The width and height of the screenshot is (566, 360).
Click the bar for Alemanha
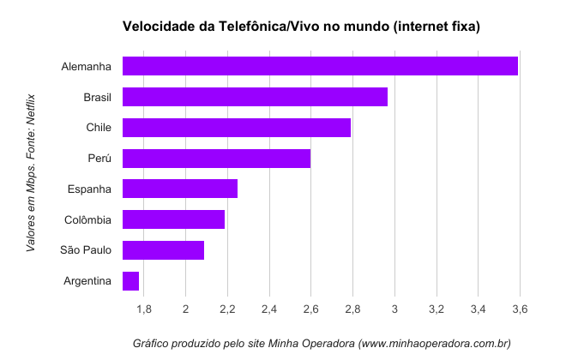(320, 66)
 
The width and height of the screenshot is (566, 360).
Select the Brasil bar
(255, 97)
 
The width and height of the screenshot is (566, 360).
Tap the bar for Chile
(237, 128)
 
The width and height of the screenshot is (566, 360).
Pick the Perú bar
(216, 159)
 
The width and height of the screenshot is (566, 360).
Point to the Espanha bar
(180, 189)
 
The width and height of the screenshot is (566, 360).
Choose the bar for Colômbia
(173, 219)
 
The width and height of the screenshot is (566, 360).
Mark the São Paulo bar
(163, 250)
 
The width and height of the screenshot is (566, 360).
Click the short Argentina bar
(131, 281)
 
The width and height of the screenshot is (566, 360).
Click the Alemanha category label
(87, 67)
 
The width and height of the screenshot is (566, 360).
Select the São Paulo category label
(86, 250)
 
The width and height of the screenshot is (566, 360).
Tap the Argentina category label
(87, 281)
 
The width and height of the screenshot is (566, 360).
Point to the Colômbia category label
(87, 220)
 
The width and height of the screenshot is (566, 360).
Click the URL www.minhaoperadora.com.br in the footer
(435, 344)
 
